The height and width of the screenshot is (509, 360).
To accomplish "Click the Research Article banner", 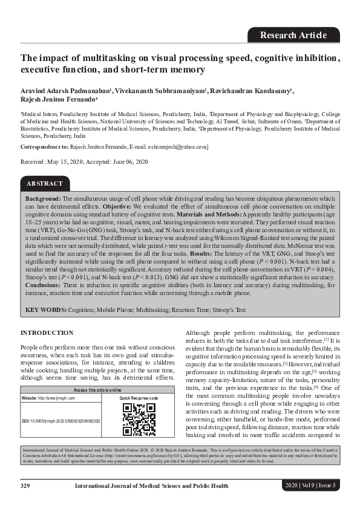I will tap(293, 35).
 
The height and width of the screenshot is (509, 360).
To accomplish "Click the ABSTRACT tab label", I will tap(45, 183).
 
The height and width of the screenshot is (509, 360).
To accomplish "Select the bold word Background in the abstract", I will tap(43, 198).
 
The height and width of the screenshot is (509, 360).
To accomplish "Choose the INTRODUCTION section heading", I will tap(47, 333).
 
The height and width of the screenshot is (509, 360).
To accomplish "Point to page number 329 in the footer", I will tap(25, 485).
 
